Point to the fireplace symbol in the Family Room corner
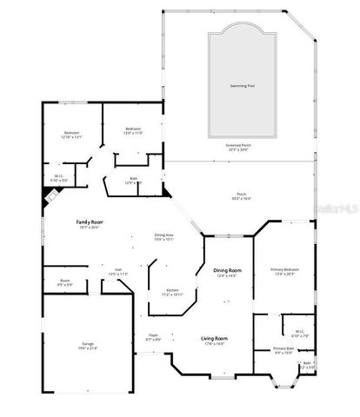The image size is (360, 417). pyautogui.click(x=49, y=196)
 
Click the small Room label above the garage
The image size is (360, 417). pyautogui.click(x=65, y=281)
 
